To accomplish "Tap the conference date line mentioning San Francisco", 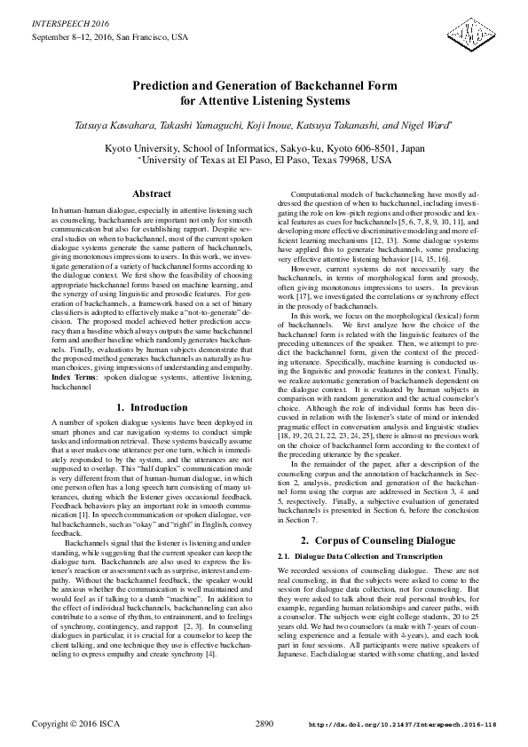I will [110, 37].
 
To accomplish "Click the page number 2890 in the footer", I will [264, 724].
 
